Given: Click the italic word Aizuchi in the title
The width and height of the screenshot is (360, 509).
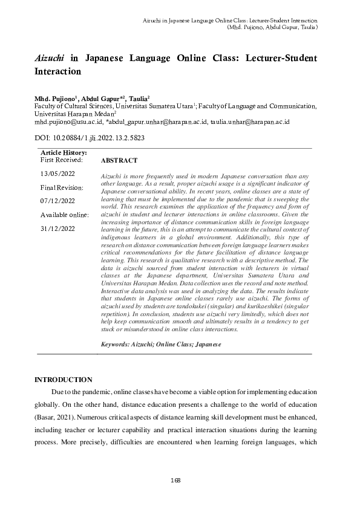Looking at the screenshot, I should pyautogui.click(x=50, y=59).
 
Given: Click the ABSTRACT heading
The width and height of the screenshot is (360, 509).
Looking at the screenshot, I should pyautogui.click(x=119, y=161).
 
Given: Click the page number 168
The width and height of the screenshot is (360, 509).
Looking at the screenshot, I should pyautogui.click(x=176, y=480).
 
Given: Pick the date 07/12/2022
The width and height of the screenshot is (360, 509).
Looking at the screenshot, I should pyautogui.click(x=58, y=201).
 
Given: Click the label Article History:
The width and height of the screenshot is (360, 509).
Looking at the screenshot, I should pyautogui.click(x=63, y=153).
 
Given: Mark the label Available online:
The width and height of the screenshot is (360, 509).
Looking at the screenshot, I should pyautogui.click(x=65, y=215).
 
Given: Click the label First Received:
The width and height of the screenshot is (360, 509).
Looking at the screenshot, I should pyautogui.click(x=63, y=160).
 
